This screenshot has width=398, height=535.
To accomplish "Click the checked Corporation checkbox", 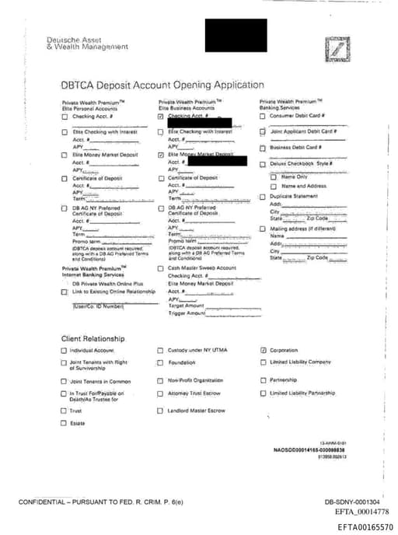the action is (x=264, y=351).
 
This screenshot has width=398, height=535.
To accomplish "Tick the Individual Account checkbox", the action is (x=64, y=351).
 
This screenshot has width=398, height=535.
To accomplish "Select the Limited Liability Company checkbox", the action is (x=264, y=362).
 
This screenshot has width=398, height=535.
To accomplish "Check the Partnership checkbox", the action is (x=264, y=380).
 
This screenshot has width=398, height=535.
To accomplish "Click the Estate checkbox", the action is (x=64, y=423).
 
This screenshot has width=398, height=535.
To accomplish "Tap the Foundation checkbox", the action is (x=161, y=362).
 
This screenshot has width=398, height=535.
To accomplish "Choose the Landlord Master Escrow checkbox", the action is (x=161, y=411).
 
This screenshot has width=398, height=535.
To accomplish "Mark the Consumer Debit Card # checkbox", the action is (x=263, y=117).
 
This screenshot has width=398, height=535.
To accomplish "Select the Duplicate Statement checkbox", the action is (x=263, y=197).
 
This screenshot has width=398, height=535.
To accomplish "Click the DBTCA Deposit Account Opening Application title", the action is (x=162, y=86).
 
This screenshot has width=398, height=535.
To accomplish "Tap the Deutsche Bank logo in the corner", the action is (x=336, y=47).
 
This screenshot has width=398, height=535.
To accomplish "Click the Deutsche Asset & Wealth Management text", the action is (x=87, y=43).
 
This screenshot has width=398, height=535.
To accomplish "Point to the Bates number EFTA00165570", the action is (x=365, y=527).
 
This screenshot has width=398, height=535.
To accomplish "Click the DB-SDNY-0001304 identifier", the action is (x=352, y=502).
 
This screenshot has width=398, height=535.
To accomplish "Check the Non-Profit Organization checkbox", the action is (x=161, y=381).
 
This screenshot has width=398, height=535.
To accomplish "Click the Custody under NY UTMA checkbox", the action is (x=161, y=351).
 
